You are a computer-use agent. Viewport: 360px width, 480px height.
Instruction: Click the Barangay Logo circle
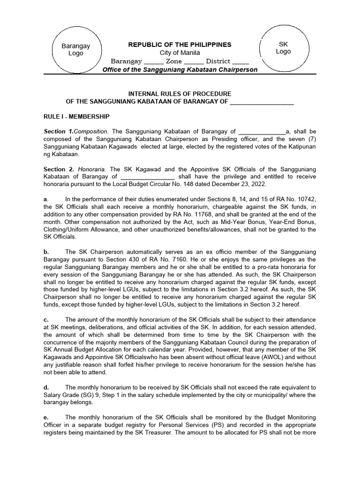click(x=75, y=50)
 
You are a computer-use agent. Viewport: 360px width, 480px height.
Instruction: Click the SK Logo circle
click(x=283, y=47)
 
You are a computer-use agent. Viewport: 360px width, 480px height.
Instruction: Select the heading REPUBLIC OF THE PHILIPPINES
click(x=180, y=45)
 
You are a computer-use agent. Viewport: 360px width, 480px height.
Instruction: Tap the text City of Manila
click(x=180, y=53)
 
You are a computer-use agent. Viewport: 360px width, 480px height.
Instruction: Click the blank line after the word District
click(x=240, y=61)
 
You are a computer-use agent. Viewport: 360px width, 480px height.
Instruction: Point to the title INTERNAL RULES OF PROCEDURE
click(x=180, y=94)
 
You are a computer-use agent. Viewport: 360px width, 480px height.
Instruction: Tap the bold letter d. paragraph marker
click(x=46, y=387)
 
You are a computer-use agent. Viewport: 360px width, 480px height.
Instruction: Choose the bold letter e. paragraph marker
click(x=46, y=417)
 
